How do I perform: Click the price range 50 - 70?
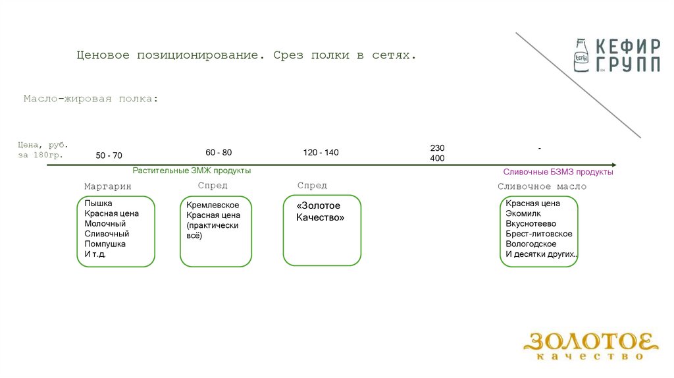point(109,156)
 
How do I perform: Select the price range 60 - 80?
point(219,153)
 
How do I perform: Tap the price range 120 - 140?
point(321,153)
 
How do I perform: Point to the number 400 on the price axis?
point(437,159)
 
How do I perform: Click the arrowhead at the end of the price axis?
point(613,165)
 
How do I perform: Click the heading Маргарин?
point(108,186)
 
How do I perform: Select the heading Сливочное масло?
point(542,186)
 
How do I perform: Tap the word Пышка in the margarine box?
point(98,203)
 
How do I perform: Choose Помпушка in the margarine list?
point(105,244)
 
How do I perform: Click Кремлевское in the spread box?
point(213,205)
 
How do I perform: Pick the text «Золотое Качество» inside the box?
point(320,211)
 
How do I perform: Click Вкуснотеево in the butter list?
point(531,224)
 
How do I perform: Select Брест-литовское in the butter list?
point(539,234)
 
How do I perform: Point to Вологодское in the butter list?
point(531,244)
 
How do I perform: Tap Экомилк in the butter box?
point(523,214)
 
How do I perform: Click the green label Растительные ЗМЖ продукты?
point(192,171)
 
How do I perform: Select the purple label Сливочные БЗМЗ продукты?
point(558,172)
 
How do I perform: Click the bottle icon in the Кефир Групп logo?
point(581,54)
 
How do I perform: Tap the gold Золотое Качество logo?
point(590,346)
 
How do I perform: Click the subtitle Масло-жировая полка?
point(91,99)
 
